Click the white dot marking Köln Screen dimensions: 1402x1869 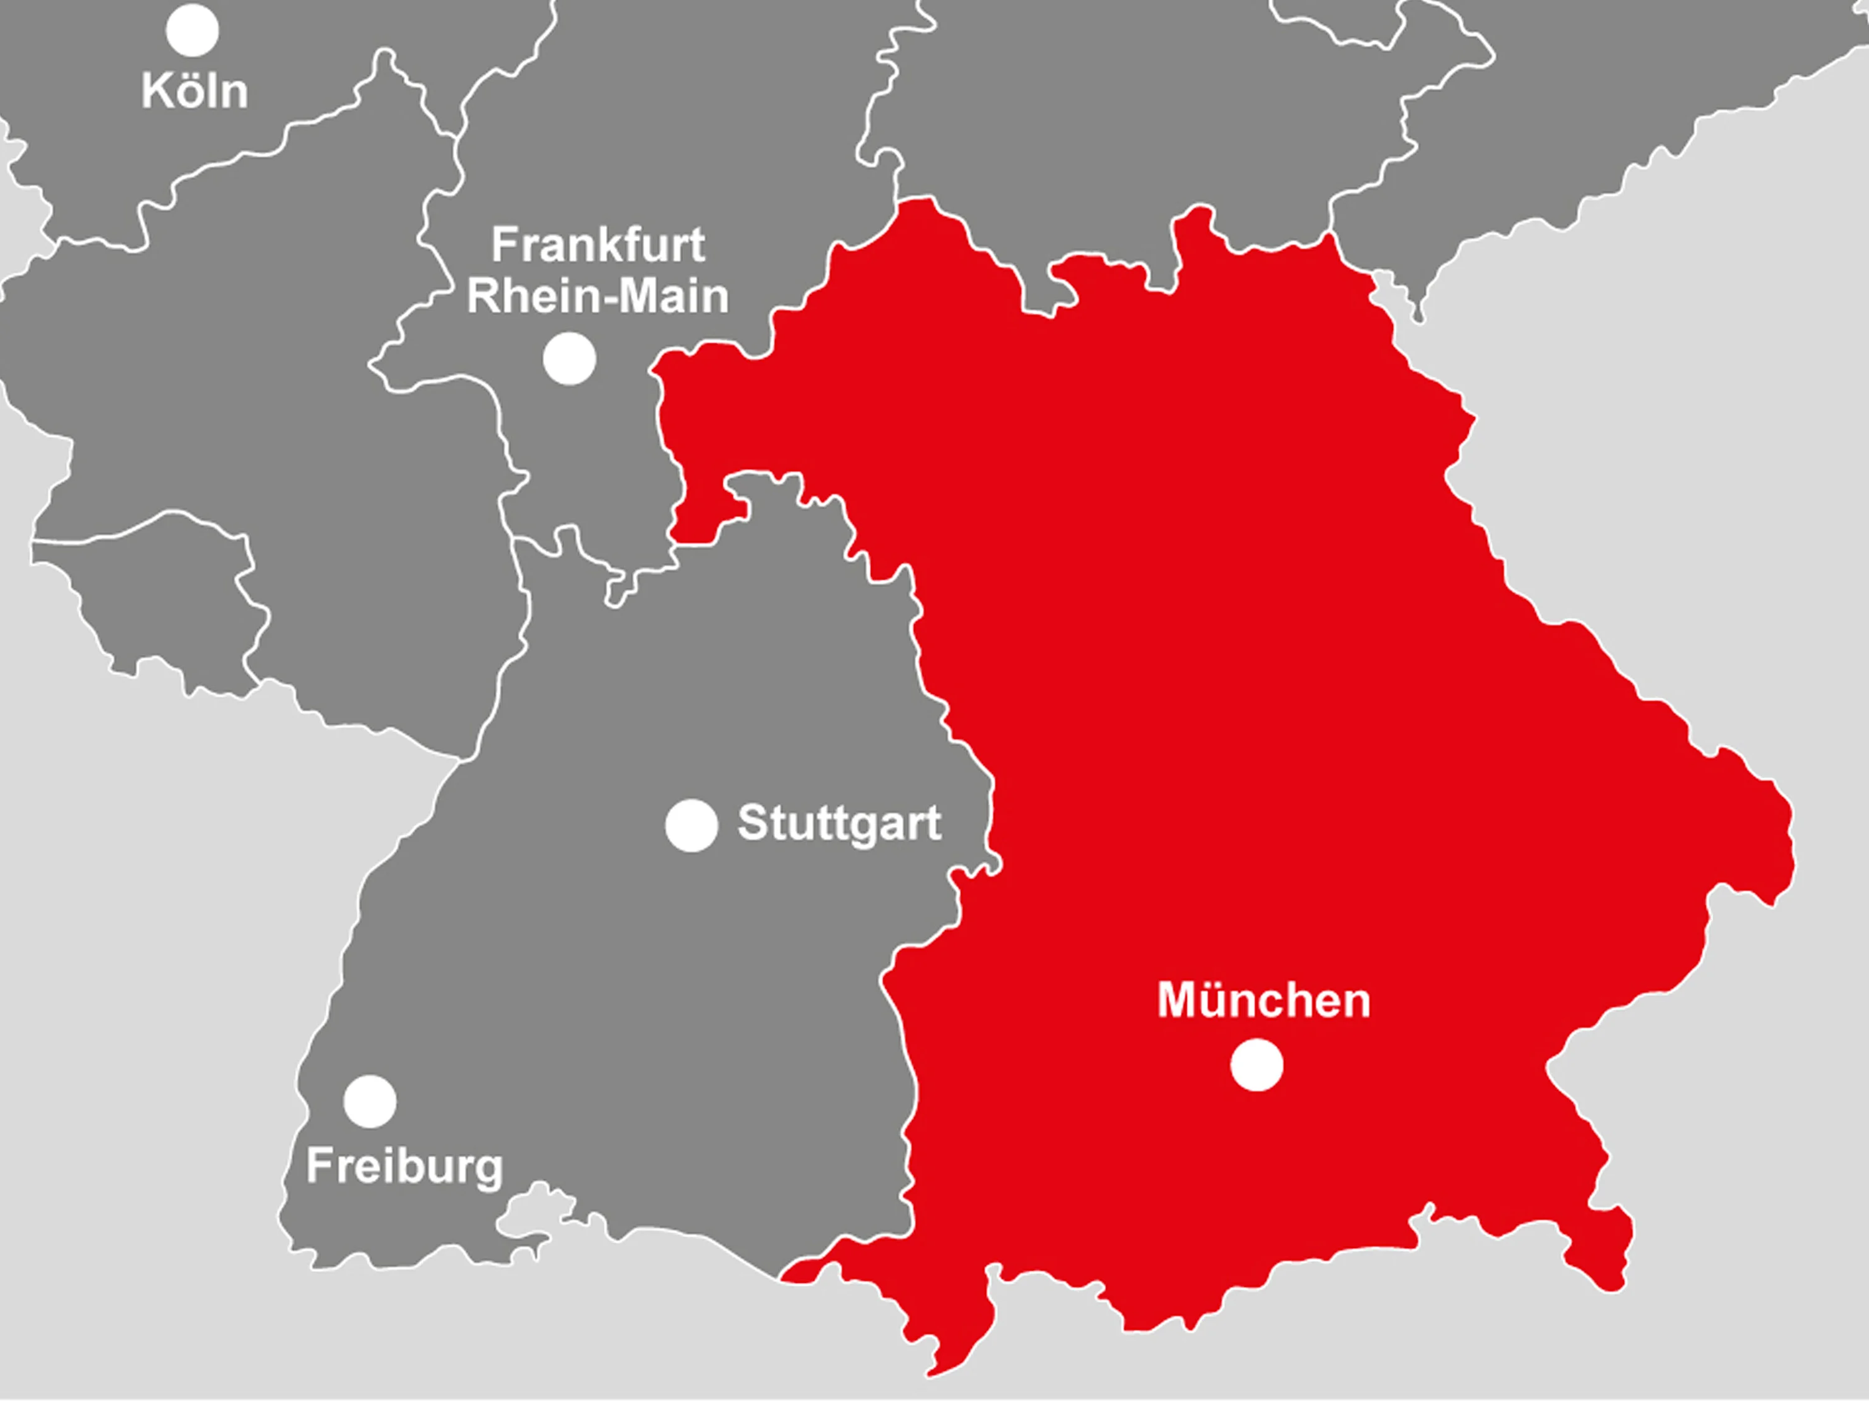tap(193, 31)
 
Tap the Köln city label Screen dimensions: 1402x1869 tap(195, 90)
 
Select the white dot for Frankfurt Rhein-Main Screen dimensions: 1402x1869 tap(569, 358)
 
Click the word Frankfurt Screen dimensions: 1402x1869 tap(598, 245)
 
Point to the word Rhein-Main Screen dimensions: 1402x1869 tap(598, 297)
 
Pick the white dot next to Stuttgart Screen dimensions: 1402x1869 tap(691, 825)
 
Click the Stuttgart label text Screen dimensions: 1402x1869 tap(839, 823)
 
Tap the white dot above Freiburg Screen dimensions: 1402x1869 tap(370, 1101)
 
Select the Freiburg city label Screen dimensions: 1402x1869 tap(405, 1167)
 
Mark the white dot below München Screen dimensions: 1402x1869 tap(1257, 1066)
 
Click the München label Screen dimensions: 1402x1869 tap(1264, 1001)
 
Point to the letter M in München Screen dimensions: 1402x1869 tap(1177, 1001)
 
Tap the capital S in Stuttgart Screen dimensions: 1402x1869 tap(753, 823)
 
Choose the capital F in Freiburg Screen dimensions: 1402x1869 tap(318, 1166)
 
